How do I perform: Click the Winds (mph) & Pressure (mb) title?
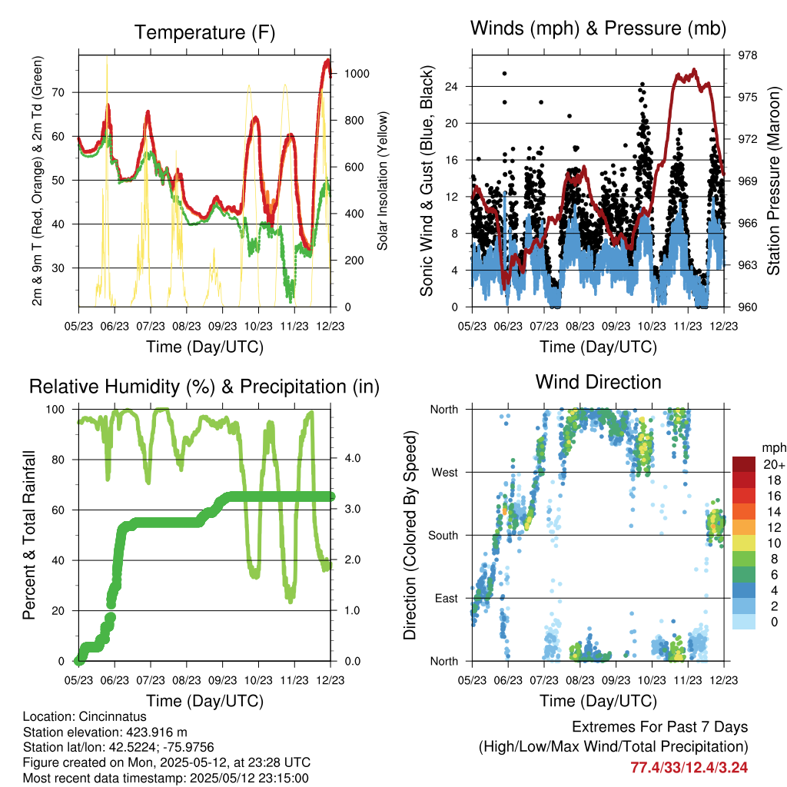click(x=598, y=29)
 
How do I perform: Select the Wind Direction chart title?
click(x=598, y=381)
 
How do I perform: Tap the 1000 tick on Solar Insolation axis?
click(x=357, y=74)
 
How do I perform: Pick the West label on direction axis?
click(x=443, y=472)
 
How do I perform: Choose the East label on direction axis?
click(x=446, y=598)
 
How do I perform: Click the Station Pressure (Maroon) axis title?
click(x=774, y=181)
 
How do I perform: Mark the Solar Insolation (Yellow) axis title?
click(x=382, y=181)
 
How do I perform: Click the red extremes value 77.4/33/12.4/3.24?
click(x=689, y=767)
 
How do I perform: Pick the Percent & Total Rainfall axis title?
click(x=29, y=535)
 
